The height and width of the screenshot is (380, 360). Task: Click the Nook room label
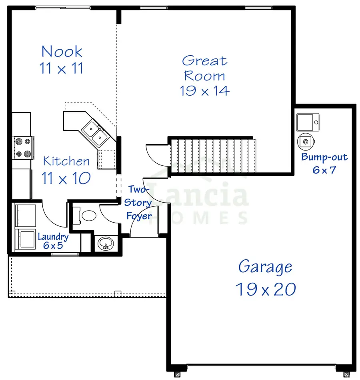tap(62, 52)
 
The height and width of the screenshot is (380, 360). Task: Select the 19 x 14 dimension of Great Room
tap(204, 91)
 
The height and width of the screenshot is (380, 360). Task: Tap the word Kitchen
tap(66, 161)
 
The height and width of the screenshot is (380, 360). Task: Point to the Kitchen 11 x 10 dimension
tap(66, 178)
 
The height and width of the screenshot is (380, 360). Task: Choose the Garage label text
tap(265, 267)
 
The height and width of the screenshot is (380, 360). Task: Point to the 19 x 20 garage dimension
tap(265, 289)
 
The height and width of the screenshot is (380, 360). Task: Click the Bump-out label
tap(324, 157)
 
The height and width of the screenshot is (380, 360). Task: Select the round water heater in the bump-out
tap(306, 141)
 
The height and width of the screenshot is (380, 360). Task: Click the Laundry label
tap(53, 236)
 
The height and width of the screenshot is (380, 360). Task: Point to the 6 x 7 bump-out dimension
tap(324, 170)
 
